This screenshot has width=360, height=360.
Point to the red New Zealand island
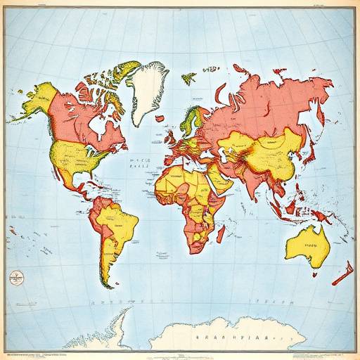342,273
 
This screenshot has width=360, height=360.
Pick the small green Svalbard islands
188,78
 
